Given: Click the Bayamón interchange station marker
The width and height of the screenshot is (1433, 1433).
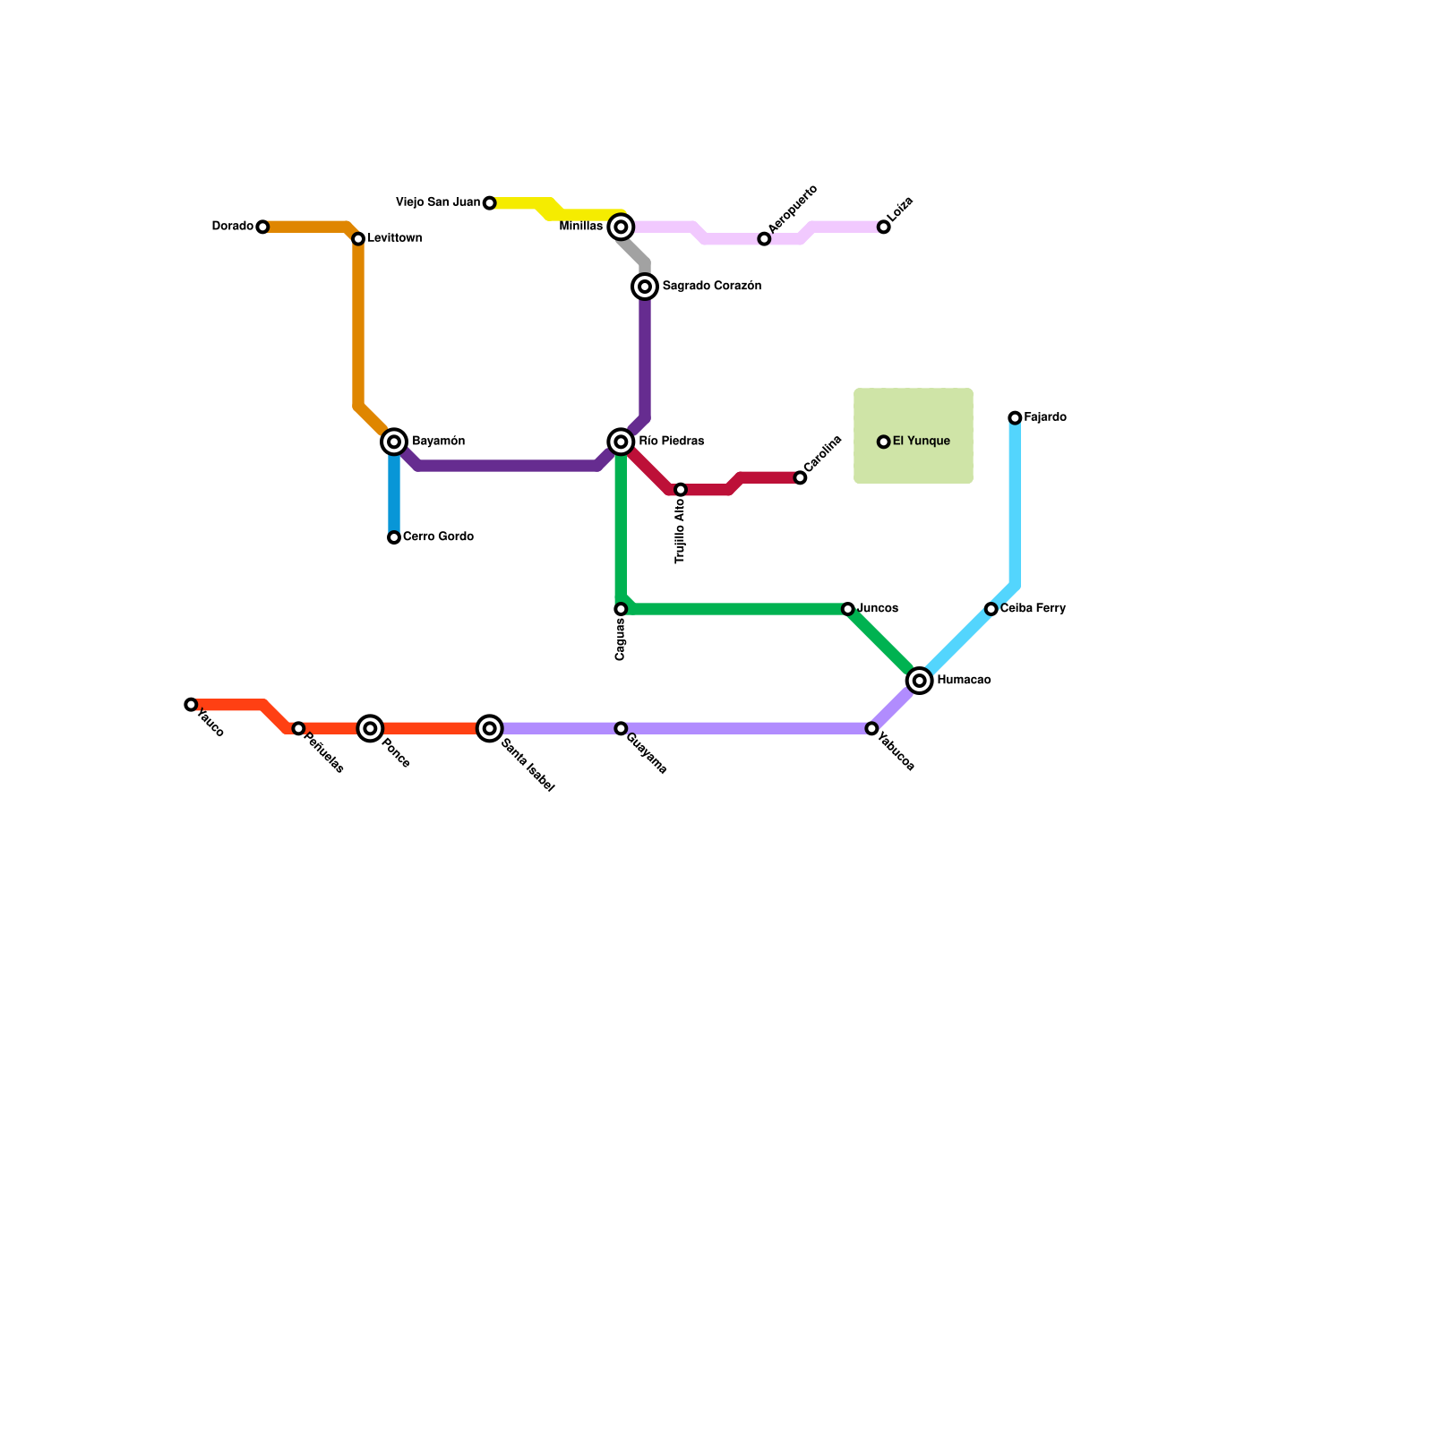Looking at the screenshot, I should pos(394,442).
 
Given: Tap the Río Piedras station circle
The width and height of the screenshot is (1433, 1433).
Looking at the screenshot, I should pos(621,442).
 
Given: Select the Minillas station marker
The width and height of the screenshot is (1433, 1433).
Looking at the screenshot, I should pos(621,227).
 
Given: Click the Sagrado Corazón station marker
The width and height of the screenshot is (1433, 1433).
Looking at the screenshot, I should pos(645,287).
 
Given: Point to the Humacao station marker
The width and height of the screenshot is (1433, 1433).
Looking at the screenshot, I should pos(919,681).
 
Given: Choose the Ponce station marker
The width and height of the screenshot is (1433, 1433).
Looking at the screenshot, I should pos(370,728).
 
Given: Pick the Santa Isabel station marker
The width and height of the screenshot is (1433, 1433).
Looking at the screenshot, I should pos(489,728).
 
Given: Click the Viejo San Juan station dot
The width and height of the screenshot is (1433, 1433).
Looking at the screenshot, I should pos(489,203).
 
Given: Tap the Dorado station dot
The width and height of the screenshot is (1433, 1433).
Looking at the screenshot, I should pos(262,227).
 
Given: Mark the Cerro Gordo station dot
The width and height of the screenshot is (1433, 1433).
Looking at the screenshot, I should pos(394,537).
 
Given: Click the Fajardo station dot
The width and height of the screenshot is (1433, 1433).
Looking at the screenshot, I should pos(1015,418).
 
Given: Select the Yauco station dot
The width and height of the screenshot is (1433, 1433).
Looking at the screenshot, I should pos(191,705).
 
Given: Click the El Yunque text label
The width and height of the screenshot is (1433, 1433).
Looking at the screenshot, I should pos(921,442).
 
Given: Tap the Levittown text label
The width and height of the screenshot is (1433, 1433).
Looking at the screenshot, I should pos(394,238).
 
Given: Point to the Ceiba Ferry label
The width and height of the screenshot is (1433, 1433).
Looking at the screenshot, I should pos(1033,609).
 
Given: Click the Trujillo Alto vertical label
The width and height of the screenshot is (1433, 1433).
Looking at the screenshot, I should pos(681,531).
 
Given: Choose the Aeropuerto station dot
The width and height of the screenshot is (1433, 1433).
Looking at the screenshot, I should pos(764,239).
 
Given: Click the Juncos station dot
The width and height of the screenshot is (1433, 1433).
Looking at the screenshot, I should pos(848,609).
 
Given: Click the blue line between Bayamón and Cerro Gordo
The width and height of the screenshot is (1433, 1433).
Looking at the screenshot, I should pos(394,493).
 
